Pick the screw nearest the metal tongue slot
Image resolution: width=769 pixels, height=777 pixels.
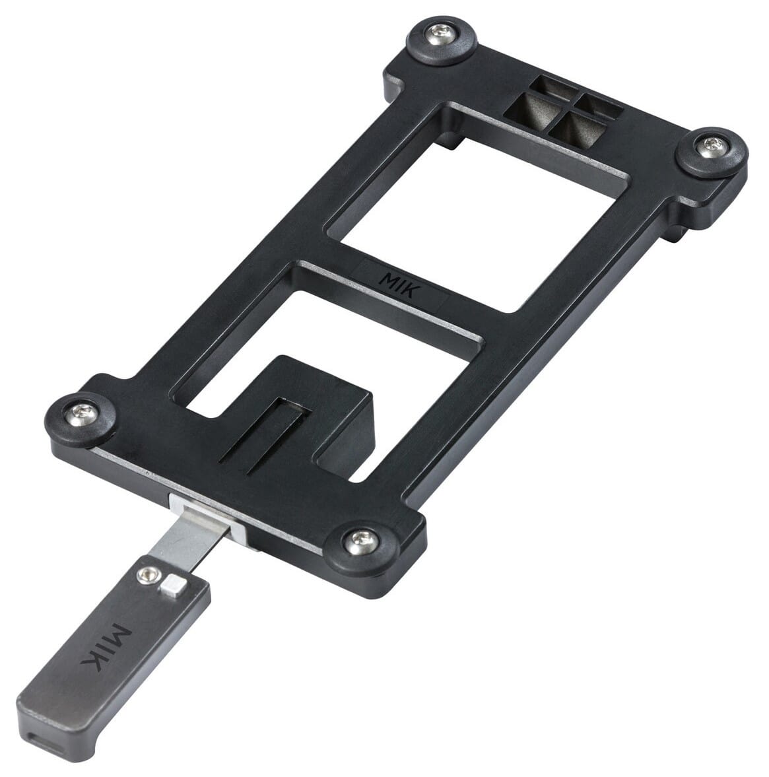pyautogui.click(x=359, y=543)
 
